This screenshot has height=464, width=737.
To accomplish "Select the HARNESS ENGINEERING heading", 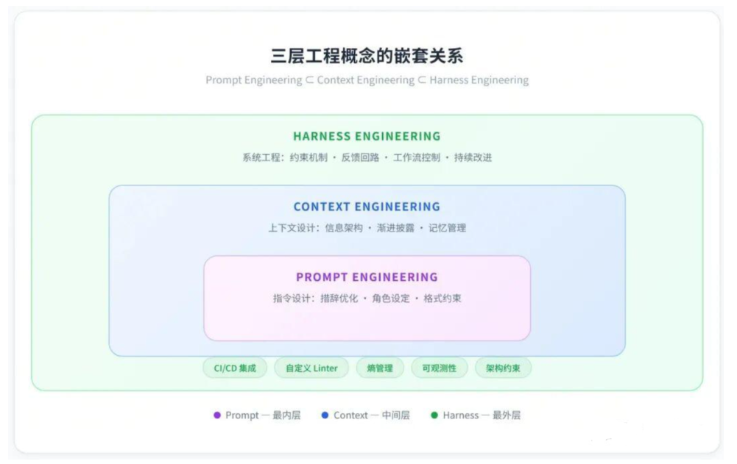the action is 367,136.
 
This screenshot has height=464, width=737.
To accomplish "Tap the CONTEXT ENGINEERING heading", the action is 367,207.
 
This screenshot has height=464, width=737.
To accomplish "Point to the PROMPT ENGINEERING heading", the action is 367,277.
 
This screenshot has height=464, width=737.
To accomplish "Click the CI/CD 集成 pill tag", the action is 235,368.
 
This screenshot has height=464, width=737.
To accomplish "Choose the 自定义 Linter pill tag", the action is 311,368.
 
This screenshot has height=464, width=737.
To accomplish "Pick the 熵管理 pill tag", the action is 380,368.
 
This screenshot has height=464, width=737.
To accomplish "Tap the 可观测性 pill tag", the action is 439,368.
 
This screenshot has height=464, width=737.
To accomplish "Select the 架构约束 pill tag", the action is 503,368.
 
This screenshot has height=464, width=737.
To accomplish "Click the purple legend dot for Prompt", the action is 217,415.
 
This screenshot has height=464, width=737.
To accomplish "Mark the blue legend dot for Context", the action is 325,415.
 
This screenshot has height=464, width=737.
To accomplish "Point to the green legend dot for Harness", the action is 434,415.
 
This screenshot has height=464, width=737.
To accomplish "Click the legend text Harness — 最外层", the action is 482,415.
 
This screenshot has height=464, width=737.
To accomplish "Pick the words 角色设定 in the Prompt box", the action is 391,299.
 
